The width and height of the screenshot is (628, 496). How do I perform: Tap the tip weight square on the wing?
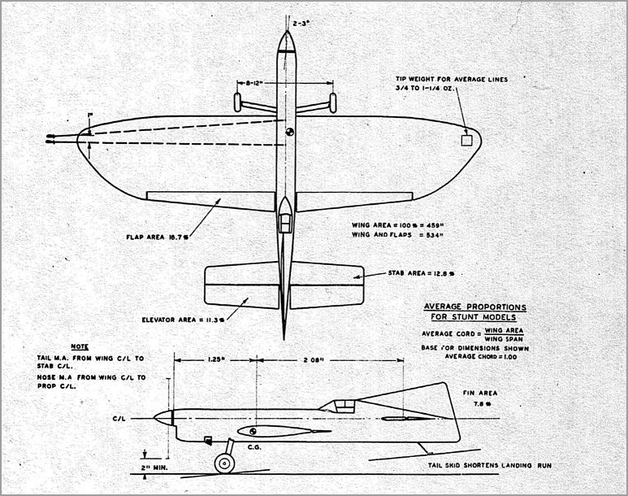click(466, 141)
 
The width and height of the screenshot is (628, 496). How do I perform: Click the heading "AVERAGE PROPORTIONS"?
click(475, 307)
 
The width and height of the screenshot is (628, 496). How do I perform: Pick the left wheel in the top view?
click(237, 102)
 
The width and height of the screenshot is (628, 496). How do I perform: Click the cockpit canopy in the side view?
click(344, 403)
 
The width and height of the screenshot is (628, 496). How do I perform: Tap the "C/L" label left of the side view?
click(119, 418)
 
